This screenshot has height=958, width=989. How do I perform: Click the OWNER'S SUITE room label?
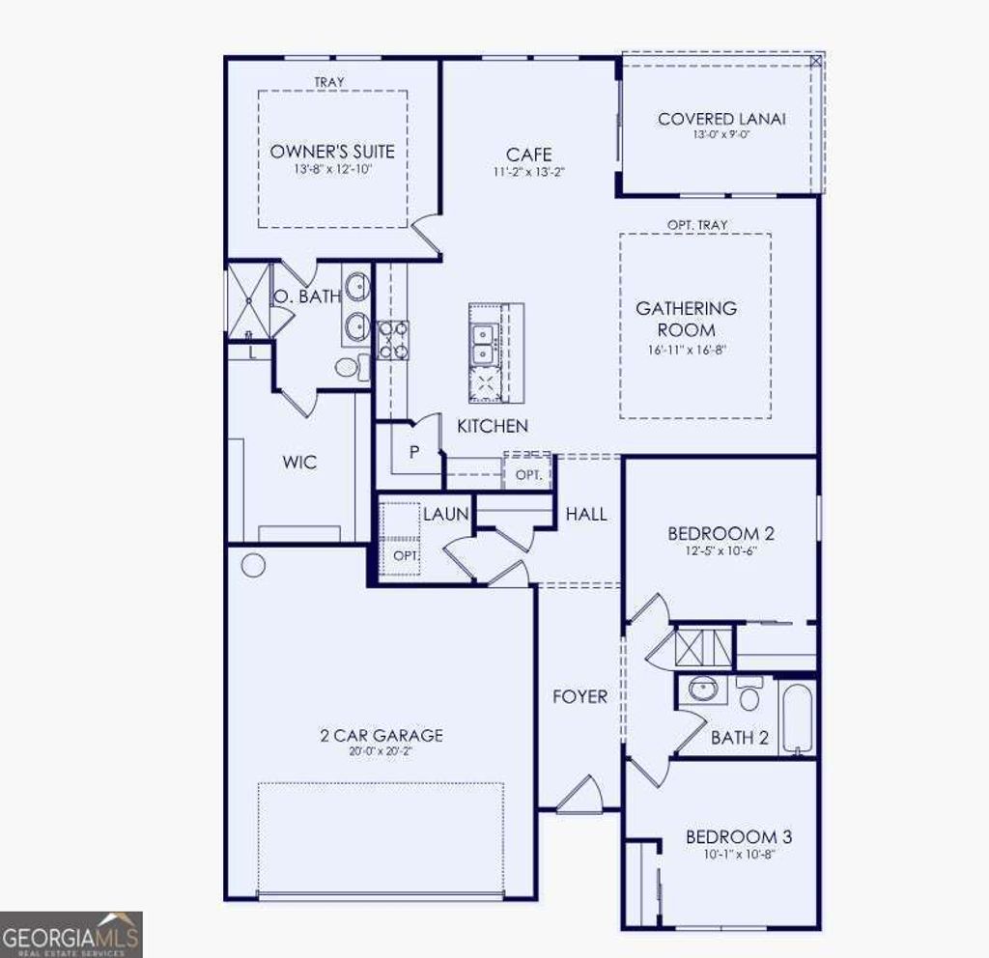332,152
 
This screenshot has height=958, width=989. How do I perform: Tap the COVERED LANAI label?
721,119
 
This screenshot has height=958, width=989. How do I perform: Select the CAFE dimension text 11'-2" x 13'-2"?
529,174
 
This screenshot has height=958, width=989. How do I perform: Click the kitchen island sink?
482,344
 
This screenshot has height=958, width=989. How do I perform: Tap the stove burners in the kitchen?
392,340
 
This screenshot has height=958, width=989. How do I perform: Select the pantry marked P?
413,452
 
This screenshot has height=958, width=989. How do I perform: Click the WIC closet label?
299,463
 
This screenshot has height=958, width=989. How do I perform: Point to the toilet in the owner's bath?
350,367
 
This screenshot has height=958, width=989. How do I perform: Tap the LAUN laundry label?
445,515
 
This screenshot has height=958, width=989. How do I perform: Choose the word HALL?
586,514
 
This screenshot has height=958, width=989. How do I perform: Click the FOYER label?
579,696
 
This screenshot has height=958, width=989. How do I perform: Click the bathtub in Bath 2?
798,718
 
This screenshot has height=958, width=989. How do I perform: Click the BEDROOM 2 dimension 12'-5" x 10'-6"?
721,552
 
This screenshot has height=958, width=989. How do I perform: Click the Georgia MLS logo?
71,934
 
